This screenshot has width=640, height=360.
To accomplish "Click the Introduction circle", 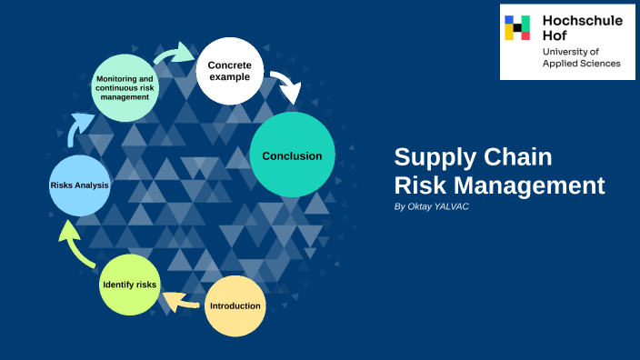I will pos(235,305).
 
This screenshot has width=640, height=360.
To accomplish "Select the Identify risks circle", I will pos(129,285).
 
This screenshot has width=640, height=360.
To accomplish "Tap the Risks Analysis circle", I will pos(80,185).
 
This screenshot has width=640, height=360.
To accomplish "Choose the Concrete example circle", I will pos(230,70).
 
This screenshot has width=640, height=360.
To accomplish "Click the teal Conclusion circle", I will pos(292,155).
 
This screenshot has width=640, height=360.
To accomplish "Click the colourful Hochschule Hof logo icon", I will pos(517,27).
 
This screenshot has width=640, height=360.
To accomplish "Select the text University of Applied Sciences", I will pos(581,58).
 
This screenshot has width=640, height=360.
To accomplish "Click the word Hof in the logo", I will pos(554,35).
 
